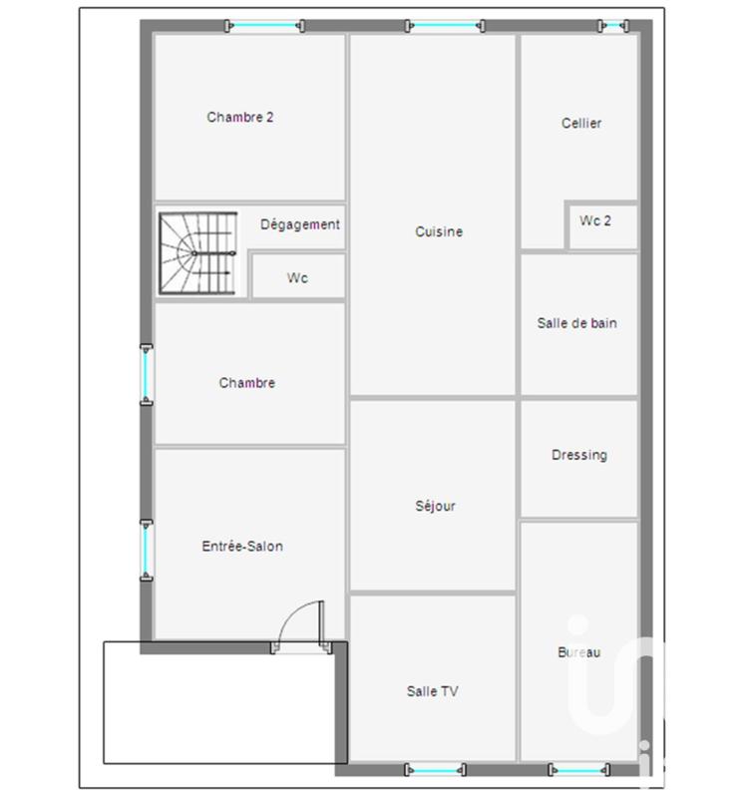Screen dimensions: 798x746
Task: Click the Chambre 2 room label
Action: pos(240,117)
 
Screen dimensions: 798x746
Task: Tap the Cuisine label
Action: pos(439,231)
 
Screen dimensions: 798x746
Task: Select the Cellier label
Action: pos(581,124)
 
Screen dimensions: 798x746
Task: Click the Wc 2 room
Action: pos(595,220)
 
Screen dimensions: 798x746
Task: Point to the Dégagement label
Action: pos(300,224)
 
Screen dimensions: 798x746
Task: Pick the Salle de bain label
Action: pos(576,323)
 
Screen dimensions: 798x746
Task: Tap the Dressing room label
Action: pos(578,455)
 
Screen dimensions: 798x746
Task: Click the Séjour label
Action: pos(435,506)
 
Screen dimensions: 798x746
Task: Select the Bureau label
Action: pos(578,652)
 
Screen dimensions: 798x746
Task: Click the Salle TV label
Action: pos(433,691)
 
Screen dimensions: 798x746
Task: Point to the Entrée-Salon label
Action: pos(242,546)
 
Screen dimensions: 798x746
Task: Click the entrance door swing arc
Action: pos(298,619)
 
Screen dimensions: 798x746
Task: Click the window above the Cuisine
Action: pos(446,26)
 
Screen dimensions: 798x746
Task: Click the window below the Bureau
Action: pos(578,770)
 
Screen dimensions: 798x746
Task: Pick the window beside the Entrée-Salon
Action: pos(147,548)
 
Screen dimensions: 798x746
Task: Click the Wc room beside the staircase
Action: pos(297,278)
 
